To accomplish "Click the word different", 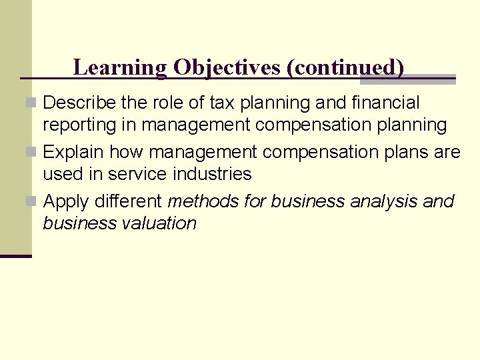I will coord(131,201).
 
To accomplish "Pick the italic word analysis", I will coord(387,201).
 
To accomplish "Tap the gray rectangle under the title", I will coord(407,79).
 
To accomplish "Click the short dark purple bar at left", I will coord(15,256).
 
